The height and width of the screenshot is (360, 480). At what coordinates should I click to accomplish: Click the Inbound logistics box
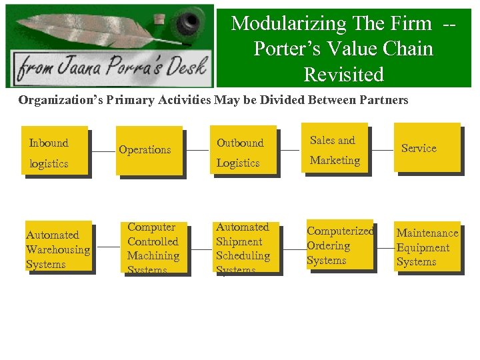[x=55, y=151]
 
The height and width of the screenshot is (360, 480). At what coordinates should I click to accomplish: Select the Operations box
[x=149, y=151]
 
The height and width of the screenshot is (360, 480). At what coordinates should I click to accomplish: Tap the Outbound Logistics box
[x=243, y=151]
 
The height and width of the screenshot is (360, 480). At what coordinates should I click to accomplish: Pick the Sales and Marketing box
[x=335, y=149]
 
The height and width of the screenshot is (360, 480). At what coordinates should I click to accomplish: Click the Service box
[x=427, y=148]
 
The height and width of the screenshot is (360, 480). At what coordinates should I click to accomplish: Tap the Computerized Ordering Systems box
[x=339, y=245]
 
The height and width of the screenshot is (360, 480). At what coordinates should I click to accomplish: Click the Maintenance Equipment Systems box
[x=427, y=247]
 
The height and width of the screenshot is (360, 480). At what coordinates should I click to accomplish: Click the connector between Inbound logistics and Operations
[x=103, y=151]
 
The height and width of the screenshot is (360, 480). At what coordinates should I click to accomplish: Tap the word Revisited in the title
[x=343, y=75]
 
